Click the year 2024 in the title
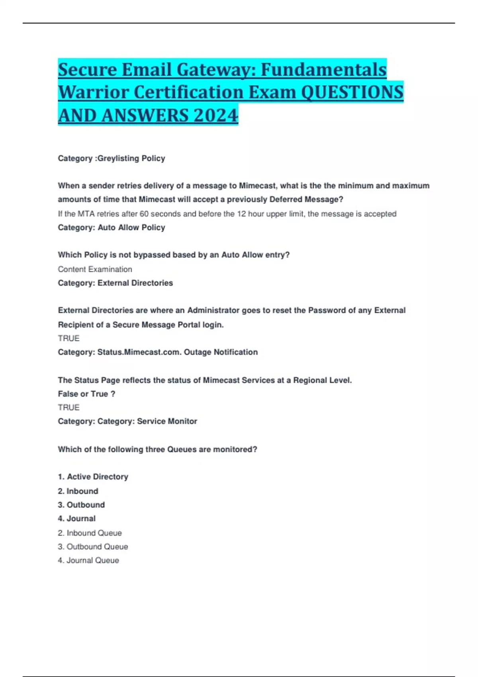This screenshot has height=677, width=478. [x=215, y=115]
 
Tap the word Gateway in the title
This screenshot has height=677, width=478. [x=215, y=70]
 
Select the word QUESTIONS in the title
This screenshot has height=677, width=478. [x=352, y=92]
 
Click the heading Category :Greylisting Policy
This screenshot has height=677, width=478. [x=112, y=158]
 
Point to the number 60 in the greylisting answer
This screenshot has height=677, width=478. [x=144, y=214]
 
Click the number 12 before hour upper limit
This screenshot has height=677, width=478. [x=241, y=214]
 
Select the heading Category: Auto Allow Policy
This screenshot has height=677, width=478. [x=112, y=227]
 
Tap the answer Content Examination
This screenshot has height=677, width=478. [x=95, y=269]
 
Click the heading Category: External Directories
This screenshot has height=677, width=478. [x=116, y=283]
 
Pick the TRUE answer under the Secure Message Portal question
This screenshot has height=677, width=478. [x=69, y=338]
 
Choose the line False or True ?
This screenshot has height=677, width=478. [x=86, y=394]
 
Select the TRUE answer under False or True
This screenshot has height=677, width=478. [x=69, y=407]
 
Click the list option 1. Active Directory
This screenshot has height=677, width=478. [x=93, y=477]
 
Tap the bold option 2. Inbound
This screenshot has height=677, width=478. [x=78, y=491]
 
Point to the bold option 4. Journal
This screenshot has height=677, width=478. [x=76, y=519]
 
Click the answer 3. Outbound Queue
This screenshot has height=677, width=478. [x=93, y=547]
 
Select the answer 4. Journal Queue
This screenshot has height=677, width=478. [x=88, y=560]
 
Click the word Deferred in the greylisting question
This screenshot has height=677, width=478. [x=286, y=199]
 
